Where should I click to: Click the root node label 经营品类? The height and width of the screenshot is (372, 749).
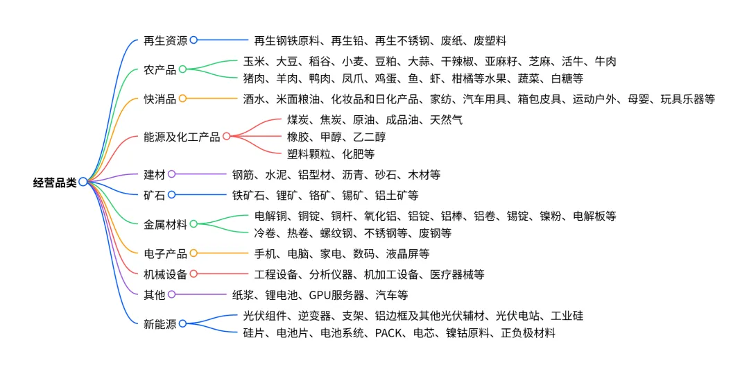coord(55,183)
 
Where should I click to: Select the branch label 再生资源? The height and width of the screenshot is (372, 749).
coord(165,40)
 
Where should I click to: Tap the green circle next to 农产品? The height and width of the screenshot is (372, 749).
coord(182,69)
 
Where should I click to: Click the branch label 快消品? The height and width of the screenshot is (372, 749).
coord(160,99)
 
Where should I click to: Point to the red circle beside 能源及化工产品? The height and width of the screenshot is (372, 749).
coord(226,137)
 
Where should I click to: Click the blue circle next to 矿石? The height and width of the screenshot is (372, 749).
coord(171,195)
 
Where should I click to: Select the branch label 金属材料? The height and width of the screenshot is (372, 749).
coord(165,224)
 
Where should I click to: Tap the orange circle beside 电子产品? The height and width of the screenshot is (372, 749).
coord(193,253)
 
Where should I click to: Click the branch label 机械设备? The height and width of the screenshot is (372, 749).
coord(165,274)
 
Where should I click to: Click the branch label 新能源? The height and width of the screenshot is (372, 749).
coord(160,323)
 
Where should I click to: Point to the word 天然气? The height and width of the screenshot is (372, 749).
coord(447,120)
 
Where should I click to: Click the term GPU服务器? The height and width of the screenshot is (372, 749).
coord(337,295)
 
